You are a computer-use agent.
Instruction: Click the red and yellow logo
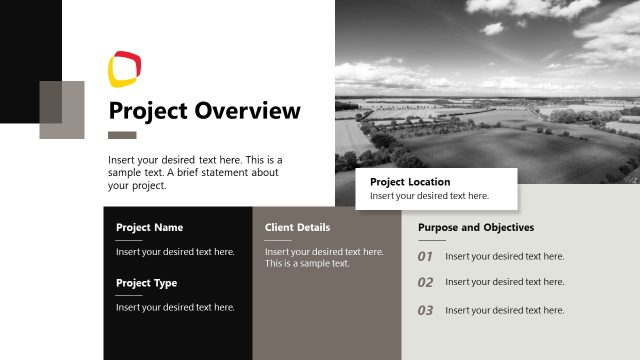[x=124, y=67]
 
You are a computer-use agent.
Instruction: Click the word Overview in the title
[x=247, y=110]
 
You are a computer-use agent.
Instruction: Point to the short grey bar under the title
[x=122, y=135]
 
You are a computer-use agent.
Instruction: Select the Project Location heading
[x=410, y=182]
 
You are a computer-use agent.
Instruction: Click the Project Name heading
[x=149, y=227]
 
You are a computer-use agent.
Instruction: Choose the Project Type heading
[x=146, y=283]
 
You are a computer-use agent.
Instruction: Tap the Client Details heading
[x=297, y=227]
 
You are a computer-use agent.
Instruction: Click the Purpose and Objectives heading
[x=476, y=227]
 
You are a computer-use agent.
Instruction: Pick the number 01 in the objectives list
[x=425, y=257]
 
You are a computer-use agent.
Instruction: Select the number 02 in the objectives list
[x=425, y=283]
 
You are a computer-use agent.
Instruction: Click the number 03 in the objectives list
[x=425, y=311]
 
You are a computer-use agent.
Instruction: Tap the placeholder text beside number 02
[x=505, y=282]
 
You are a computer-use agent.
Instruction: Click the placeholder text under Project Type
[x=175, y=307]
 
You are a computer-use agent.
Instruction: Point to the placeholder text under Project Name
[x=175, y=252]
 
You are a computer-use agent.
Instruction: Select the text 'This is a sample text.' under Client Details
[x=307, y=264]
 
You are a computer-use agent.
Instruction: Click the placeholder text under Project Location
[x=429, y=196]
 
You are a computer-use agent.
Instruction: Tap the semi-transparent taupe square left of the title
[x=62, y=109]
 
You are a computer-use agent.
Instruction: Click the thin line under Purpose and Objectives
[x=431, y=240]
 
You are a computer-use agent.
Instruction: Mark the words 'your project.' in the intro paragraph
[x=136, y=186]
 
